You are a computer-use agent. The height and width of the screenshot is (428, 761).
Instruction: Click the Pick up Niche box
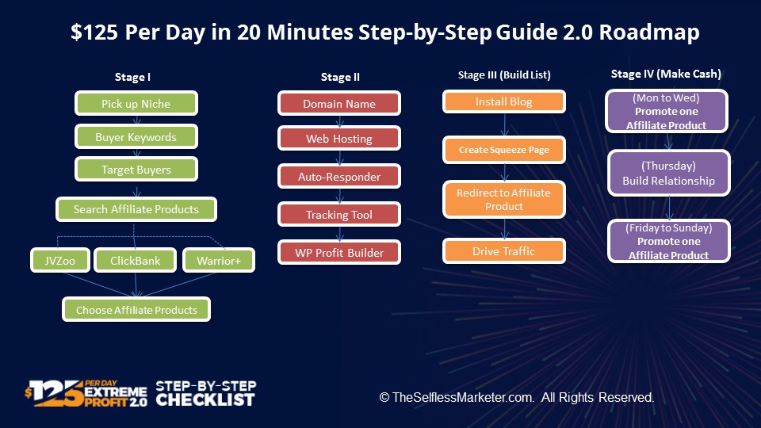(x=136, y=103)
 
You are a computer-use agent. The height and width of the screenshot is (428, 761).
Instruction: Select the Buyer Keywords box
(x=136, y=137)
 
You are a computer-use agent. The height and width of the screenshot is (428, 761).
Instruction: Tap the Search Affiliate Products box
(x=136, y=209)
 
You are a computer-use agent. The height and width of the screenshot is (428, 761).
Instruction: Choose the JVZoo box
(x=60, y=261)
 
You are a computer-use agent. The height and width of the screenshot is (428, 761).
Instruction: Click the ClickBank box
(x=135, y=261)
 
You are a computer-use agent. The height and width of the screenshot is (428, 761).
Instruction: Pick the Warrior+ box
(x=219, y=261)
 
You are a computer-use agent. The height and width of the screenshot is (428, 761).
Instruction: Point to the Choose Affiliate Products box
(x=136, y=310)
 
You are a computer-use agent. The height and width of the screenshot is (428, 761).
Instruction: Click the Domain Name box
(x=339, y=103)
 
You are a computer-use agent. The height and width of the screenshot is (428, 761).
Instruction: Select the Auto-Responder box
(x=339, y=176)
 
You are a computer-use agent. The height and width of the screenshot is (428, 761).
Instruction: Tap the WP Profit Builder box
(x=339, y=252)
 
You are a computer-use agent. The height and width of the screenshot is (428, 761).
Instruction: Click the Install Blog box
(x=504, y=101)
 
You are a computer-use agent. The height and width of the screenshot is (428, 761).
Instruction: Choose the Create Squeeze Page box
(x=504, y=150)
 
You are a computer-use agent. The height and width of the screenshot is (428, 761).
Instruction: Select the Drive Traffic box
(x=504, y=251)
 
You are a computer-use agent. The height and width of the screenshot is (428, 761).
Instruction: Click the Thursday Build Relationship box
(x=669, y=174)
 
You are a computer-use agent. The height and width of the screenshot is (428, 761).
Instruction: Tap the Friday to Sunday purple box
(x=669, y=241)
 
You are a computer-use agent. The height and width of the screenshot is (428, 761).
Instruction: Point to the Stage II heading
(x=340, y=77)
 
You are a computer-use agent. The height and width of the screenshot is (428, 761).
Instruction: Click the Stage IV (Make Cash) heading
(x=666, y=74)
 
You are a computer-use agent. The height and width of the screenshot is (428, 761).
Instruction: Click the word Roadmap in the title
(x=649, y=32)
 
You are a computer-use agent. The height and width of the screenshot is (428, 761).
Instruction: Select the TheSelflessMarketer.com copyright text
(x=517, y=397)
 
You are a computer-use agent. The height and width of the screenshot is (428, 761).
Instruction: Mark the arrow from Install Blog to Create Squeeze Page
(x=505, y=124)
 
